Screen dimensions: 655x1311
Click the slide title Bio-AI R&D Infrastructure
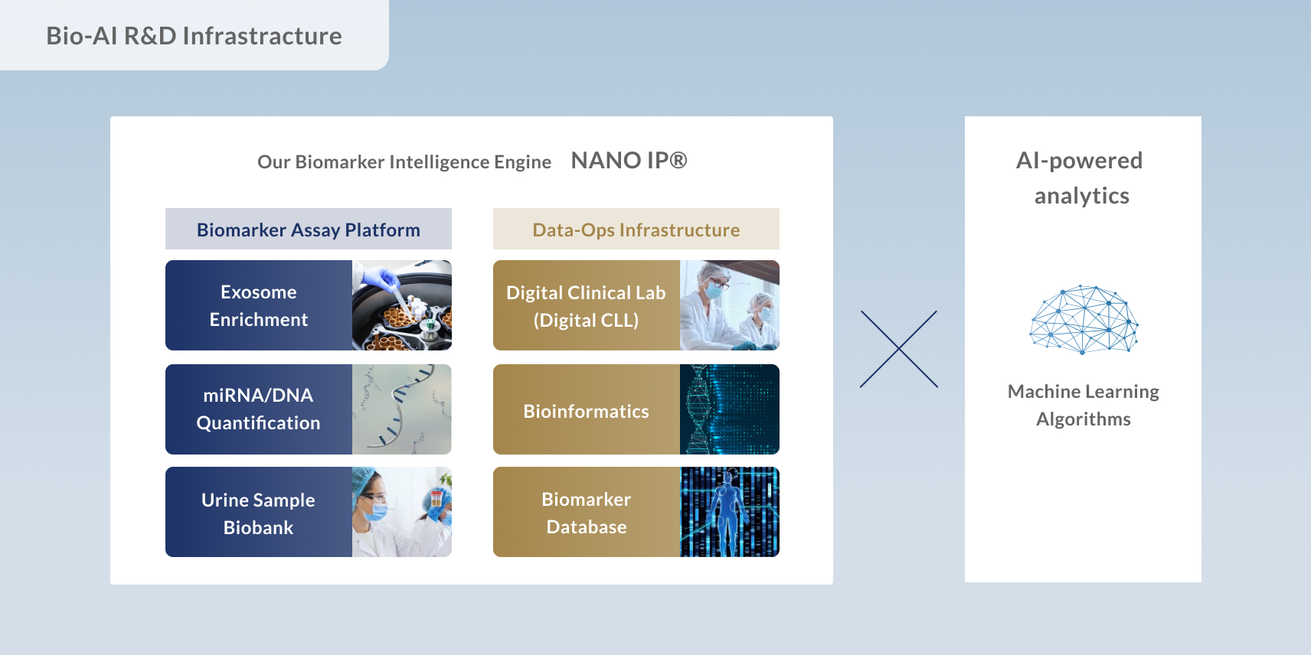[194, 36]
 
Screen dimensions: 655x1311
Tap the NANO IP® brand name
[629, 161]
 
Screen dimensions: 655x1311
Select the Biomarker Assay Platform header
[308, 230]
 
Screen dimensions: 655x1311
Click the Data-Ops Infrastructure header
[636, 230]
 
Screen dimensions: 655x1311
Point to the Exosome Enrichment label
[259, 306]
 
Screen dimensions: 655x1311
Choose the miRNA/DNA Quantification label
[259, 409]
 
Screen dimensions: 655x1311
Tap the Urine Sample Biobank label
[259, 513]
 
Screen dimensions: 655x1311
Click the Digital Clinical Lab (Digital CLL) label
[586, 306]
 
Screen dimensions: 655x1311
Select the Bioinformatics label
[586, 411]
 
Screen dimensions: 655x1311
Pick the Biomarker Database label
[586, 513]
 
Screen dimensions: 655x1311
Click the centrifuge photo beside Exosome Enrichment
[402, 306]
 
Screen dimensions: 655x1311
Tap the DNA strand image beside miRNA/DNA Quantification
[402, 409]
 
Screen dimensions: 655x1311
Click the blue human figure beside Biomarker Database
[727, 511]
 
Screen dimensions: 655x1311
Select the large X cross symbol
[899, 349]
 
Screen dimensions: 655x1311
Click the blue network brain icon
[1083, 320]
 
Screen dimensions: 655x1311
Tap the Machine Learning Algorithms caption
[1083, 406]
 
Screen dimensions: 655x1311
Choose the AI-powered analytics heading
[1081, 178]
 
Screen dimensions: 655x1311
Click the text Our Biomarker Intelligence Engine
[404, 162]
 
